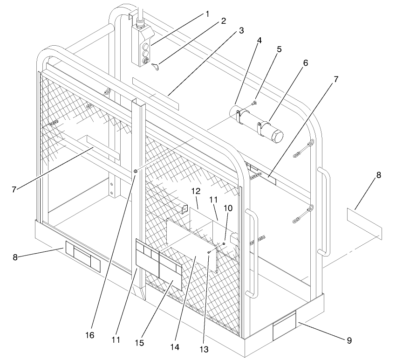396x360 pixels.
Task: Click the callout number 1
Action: coord(207,14)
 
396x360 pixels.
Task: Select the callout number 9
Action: coord(349,340)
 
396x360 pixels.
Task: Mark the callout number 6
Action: coord(305,62)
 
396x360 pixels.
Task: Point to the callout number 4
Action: coord(259,41)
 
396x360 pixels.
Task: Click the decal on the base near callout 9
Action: coord(284,325)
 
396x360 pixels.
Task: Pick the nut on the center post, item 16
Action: coord(135,172)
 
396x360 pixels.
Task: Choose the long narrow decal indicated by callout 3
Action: coord(155,94)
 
